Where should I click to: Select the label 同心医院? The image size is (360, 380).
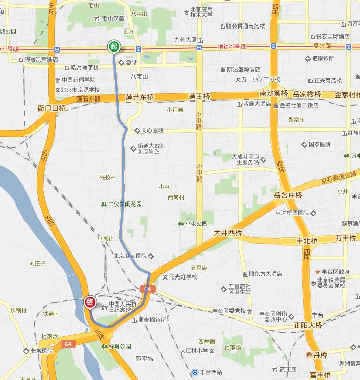[x=152, y=131]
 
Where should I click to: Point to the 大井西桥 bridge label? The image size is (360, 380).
[x=227, y=233]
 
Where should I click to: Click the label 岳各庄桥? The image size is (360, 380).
[x=288, y=195]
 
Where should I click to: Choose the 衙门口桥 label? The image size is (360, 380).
[x=52, y=108]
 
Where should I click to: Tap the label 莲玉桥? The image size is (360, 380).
[x=199, y=96]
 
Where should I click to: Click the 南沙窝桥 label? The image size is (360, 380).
[x=274, y=94]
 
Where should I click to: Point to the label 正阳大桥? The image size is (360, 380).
[x=307, y=325]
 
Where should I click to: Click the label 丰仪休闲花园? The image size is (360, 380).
[x=124, y=204]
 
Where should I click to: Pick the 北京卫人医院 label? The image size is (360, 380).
[x=130, y=256]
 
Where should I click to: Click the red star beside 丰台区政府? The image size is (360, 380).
[x=317, y=272]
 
